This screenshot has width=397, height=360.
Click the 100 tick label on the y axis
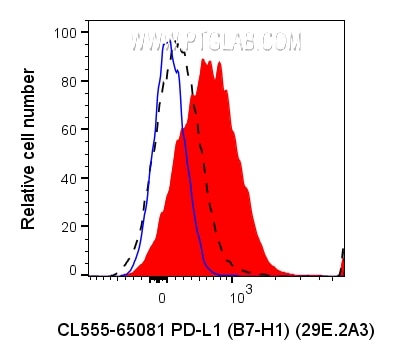[x=64, y=33]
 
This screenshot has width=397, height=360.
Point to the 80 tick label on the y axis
[x=67, y=81]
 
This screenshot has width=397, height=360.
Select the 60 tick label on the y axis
[x=67, y=129]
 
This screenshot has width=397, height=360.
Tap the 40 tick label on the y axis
[x=67, y=176]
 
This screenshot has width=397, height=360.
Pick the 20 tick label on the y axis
[x=67, y=224]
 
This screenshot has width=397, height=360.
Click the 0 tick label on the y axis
[x=71, y=271]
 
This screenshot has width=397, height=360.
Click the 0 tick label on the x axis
[x=160, y=298]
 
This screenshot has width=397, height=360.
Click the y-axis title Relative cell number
[x=30, y=150]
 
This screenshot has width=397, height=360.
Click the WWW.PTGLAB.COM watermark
[x=214, y=43]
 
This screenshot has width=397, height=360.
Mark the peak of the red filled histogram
[x=205, y=61]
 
